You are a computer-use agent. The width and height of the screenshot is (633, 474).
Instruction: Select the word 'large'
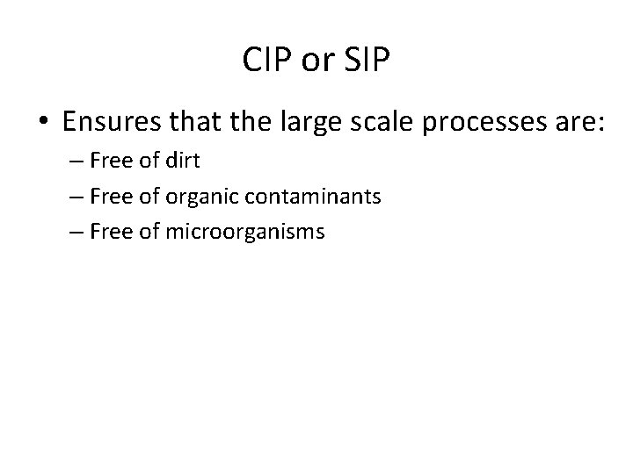click(x=342, y=122)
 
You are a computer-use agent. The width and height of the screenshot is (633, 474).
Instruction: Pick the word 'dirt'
click(x=183, y=162)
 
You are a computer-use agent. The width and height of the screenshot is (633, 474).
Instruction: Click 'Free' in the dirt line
click(x=109, y=162)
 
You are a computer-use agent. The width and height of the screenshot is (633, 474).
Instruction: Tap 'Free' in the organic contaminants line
click(x=109, y=197)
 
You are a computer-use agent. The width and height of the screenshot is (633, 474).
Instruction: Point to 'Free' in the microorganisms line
click(x=109, y=232)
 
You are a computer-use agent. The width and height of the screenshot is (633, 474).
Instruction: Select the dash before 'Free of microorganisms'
click(x=77, y=233)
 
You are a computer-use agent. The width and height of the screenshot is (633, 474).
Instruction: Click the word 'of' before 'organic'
click(x=148, y=197)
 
